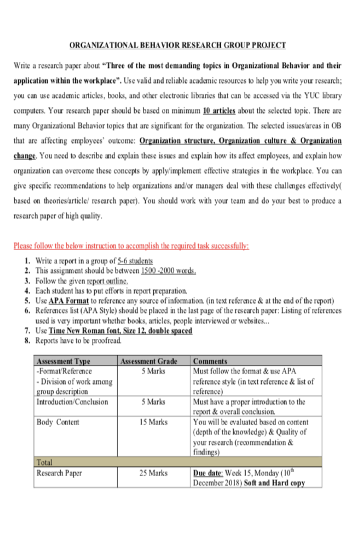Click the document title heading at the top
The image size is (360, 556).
(178, 45)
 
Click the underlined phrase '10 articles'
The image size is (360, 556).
(219, 111)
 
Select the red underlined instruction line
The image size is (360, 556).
(131, 246)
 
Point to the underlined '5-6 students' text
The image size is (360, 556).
(135, 261)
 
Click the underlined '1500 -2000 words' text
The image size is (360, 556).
(168, 271)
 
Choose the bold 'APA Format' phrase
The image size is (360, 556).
(68, 301)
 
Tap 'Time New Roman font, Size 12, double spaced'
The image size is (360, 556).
(120, 331)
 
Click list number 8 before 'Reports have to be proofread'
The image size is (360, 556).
(27, 341)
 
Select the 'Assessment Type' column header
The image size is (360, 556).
(63, 361)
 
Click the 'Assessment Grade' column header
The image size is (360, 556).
(149, 361)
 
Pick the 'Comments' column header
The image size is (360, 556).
(210, 361)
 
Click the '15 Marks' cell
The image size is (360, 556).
(153, 422)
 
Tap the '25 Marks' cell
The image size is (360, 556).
(153, 473)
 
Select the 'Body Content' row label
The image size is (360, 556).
(58, 422)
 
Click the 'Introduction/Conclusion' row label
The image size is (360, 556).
(72, 402)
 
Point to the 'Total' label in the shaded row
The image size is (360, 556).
(44, 462)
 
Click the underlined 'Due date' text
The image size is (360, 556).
(207, 473)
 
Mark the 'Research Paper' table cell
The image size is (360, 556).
(59, 473)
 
